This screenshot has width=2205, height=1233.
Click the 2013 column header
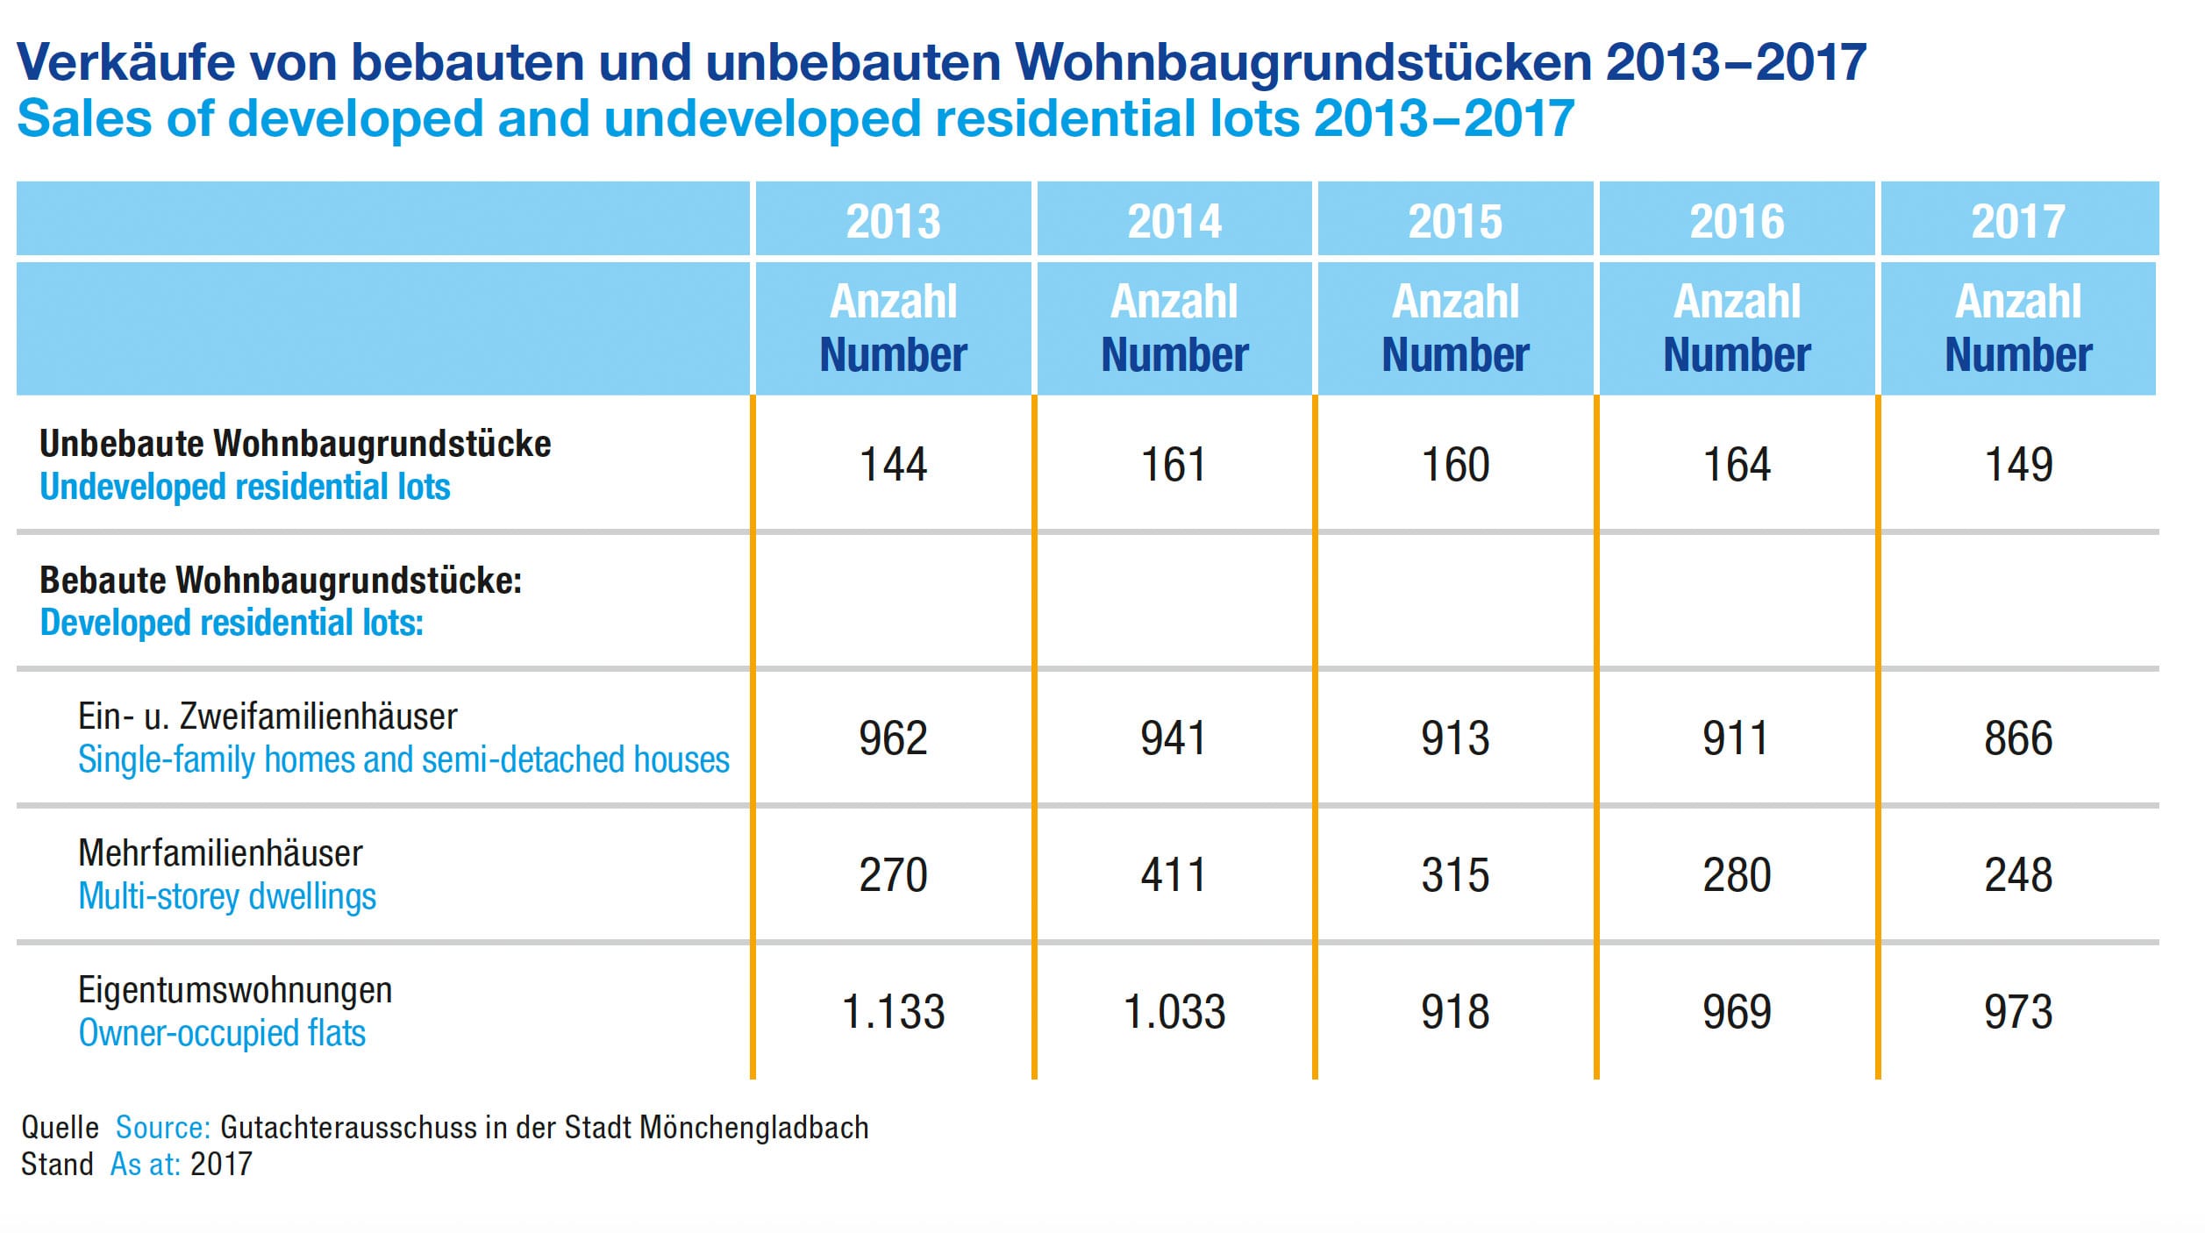point(893,221)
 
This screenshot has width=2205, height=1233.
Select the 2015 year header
point(1455,221)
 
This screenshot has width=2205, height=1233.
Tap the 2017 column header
point(2018,221)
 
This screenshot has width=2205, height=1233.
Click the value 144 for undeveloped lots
point(893,465)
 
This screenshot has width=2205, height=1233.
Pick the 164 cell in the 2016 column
point(1737,465)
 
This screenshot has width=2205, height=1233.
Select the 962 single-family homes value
point(893,738)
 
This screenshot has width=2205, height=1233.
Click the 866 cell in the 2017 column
point(2018,738)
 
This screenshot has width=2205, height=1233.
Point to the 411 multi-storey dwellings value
point(1174,875)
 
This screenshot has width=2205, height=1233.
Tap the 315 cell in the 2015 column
point(1455,875)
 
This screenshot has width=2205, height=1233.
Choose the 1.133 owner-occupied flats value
point(893,1012)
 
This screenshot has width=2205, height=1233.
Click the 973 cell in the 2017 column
point(2018,1012)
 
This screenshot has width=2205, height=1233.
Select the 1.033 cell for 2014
point(1174,1012)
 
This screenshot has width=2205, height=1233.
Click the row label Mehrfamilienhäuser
point(220,853)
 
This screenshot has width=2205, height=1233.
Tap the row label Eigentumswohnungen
point(235,991)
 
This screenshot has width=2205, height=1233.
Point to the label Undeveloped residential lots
point(245,487)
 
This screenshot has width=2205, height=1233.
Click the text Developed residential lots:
point(232,623)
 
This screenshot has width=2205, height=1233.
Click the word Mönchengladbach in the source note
point(754,1127)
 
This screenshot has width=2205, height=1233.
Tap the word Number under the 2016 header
point(1737,355)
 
